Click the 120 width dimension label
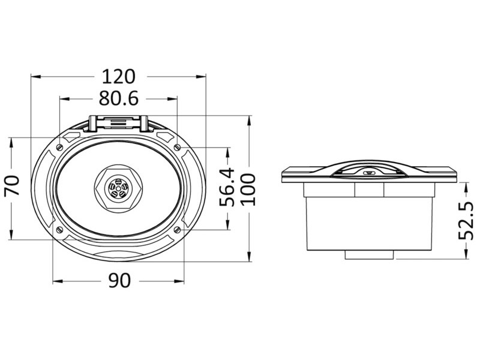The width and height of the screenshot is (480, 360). pos(118,77)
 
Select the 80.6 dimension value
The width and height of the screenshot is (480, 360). pos(119,98)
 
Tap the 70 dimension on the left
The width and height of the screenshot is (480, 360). pos(12,185)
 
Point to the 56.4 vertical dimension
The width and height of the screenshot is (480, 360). pos(227,187)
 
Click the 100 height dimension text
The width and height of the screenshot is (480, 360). pos(248,189)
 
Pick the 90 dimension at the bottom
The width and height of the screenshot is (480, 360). pos(119,280)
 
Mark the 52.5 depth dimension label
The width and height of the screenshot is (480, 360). pos(466,220)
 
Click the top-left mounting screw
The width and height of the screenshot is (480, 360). pos(59,148)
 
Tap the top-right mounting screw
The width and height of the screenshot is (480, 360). pos(177,148)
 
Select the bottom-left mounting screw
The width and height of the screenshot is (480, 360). pos(59,229)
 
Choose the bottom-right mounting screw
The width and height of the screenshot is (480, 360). pos(177,229)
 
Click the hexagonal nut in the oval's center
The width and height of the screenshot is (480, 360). pos(118,188)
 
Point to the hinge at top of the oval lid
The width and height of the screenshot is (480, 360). pos(118,124)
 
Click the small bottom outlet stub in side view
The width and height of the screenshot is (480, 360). pos(369,254)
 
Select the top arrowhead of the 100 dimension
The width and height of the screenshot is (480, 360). pos(250,121)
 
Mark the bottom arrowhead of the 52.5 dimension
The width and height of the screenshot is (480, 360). pos(466,254)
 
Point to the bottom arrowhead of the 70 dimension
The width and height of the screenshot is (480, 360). pos(12,235)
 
